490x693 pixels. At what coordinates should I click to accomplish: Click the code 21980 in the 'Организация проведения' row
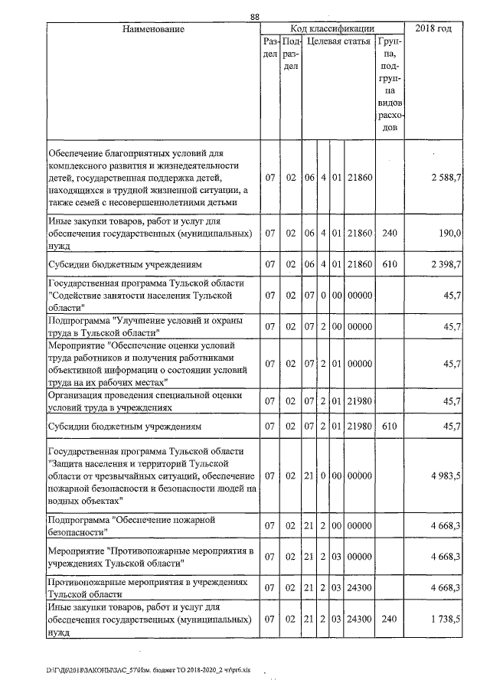point(359,401)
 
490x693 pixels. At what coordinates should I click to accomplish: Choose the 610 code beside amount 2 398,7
point(390,264)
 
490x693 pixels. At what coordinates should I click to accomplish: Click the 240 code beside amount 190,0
point(390,232)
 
